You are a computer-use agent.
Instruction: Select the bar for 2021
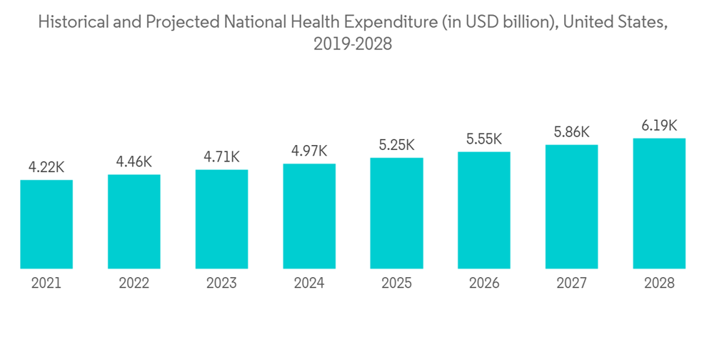(46, 224)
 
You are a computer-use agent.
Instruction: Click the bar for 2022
(134, 221)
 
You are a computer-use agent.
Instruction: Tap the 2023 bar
(221, 219)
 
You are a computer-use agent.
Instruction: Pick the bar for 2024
(309, 216)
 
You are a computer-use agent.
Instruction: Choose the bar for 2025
(396, 214)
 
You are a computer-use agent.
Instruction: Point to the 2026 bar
(484, 211)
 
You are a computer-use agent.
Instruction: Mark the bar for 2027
(571, 207)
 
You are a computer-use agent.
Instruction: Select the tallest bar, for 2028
(659, 204)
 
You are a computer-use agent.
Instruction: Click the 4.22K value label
(46, 168)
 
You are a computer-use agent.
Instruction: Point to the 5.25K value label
(396, 145)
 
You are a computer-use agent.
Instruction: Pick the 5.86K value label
(571, 132)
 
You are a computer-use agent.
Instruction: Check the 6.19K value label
(659, 125)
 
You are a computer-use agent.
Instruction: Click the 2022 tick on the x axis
(134, 284)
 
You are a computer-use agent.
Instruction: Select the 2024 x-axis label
(309, 284)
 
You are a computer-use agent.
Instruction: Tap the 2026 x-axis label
(484, 284)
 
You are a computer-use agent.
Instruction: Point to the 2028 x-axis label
(659, 284)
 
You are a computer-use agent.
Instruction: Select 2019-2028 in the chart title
(353, 44)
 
